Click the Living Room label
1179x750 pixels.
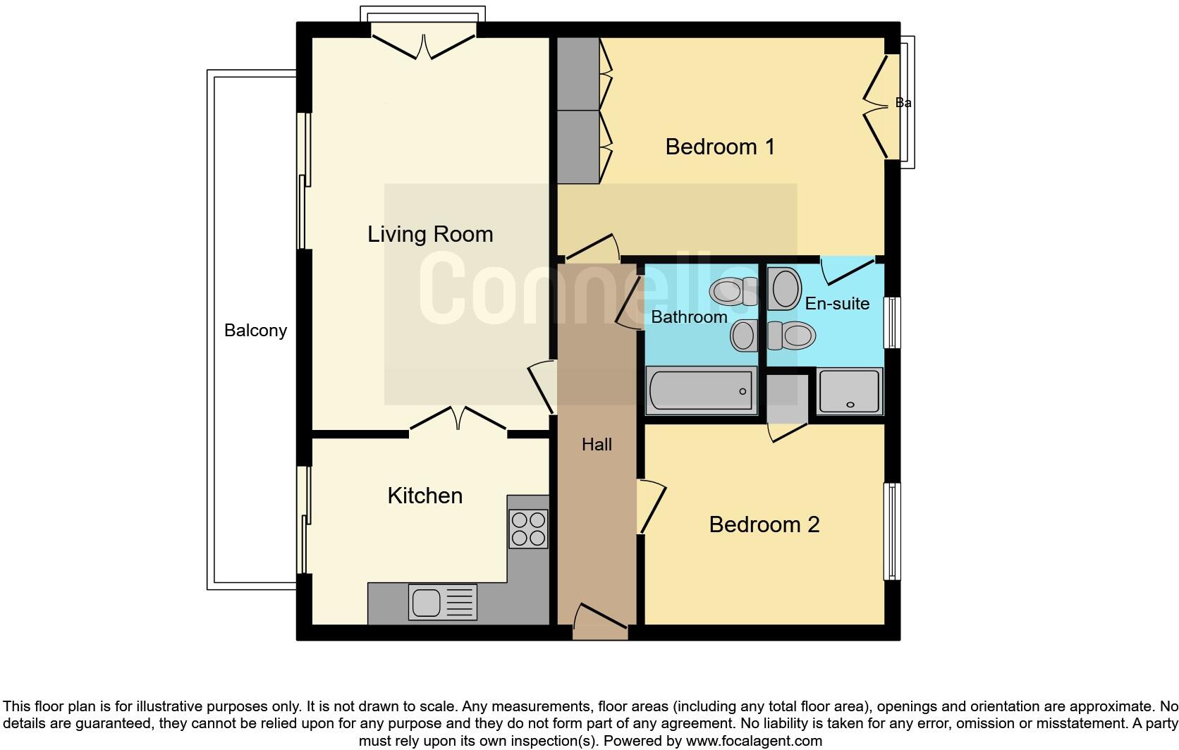point(430,235)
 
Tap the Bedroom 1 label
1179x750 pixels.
point(719,147)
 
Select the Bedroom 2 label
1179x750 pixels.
point(764,524)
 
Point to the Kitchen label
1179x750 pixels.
point(424,496)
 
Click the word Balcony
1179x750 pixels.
point(255,331)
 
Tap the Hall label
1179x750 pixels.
point(597,445)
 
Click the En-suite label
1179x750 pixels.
point(837,304)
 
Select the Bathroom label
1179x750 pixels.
point(689,316)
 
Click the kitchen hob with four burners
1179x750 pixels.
point(528,529)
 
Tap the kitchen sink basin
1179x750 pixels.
point(427,603)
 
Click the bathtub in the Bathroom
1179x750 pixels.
point(701,391)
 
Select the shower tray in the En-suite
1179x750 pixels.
point(850,391)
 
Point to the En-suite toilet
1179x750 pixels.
point(791,336)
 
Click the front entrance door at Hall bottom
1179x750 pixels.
point(600,622)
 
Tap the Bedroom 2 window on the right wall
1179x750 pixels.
point(891,531)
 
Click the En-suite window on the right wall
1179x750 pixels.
point(891,323)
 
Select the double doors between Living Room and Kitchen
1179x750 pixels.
point(458,420)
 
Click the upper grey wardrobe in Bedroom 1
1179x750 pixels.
point(578,74)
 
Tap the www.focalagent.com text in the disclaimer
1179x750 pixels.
point(754,741)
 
